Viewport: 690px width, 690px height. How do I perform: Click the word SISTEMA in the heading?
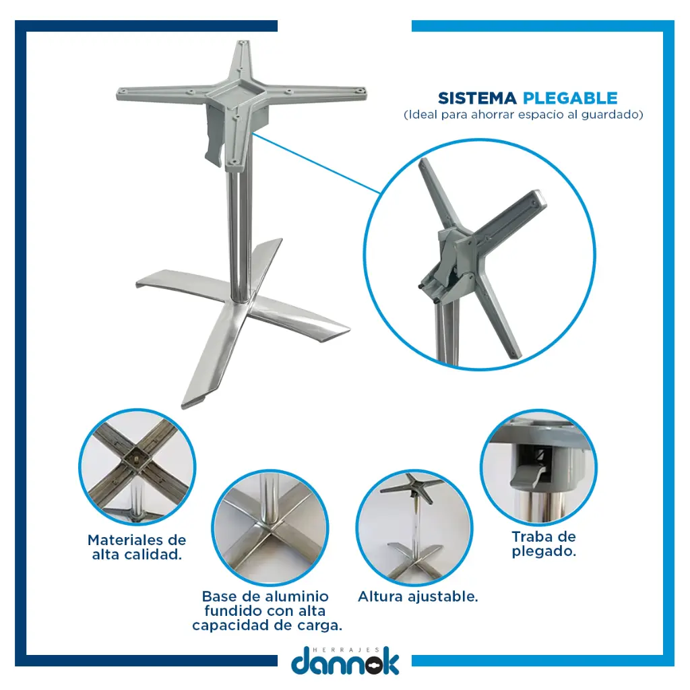point(477,98)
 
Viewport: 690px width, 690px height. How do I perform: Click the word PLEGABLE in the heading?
point(570,98)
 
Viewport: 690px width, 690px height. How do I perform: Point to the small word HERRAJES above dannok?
point(346,650)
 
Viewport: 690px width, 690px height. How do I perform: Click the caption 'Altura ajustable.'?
point(418,597)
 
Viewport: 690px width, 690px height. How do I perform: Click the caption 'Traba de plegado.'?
point(544,544)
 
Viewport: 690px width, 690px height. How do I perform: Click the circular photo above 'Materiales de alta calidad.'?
point(137,467)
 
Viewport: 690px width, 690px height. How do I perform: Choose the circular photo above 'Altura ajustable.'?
point(414,527)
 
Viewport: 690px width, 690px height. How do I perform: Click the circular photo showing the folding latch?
point(538,466)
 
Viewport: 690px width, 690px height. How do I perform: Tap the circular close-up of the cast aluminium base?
point(270,527)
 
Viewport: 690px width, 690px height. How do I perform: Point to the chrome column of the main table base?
point(240,233)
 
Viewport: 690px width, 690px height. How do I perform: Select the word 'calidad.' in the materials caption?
point(159,555)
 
